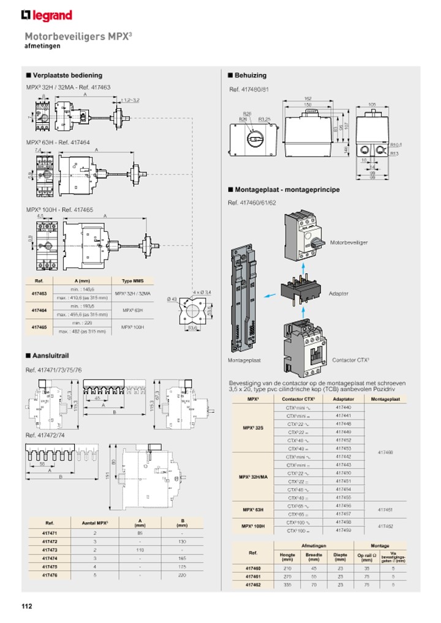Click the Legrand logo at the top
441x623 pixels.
46,15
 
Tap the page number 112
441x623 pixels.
27,606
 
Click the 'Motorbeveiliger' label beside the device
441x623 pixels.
349,243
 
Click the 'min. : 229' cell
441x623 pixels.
83,323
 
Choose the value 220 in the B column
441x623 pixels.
182,575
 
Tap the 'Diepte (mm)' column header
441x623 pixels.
340,556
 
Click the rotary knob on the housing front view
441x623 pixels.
253,139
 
